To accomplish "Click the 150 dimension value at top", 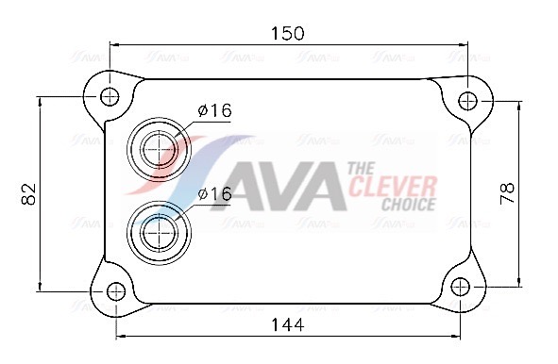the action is coord(288,33).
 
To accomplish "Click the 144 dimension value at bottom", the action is coord(288,324).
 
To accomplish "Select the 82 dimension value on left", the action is coord(29,193).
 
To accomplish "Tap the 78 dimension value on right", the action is coord(507,192).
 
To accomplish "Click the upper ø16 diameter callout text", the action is coord(214,110).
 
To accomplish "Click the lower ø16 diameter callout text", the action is coord(214,193).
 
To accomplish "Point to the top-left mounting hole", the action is coord(110,96).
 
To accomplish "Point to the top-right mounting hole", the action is coord(467,101).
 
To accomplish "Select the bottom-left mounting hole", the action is coord(116,291).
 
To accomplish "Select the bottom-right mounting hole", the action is coord(460,287).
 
